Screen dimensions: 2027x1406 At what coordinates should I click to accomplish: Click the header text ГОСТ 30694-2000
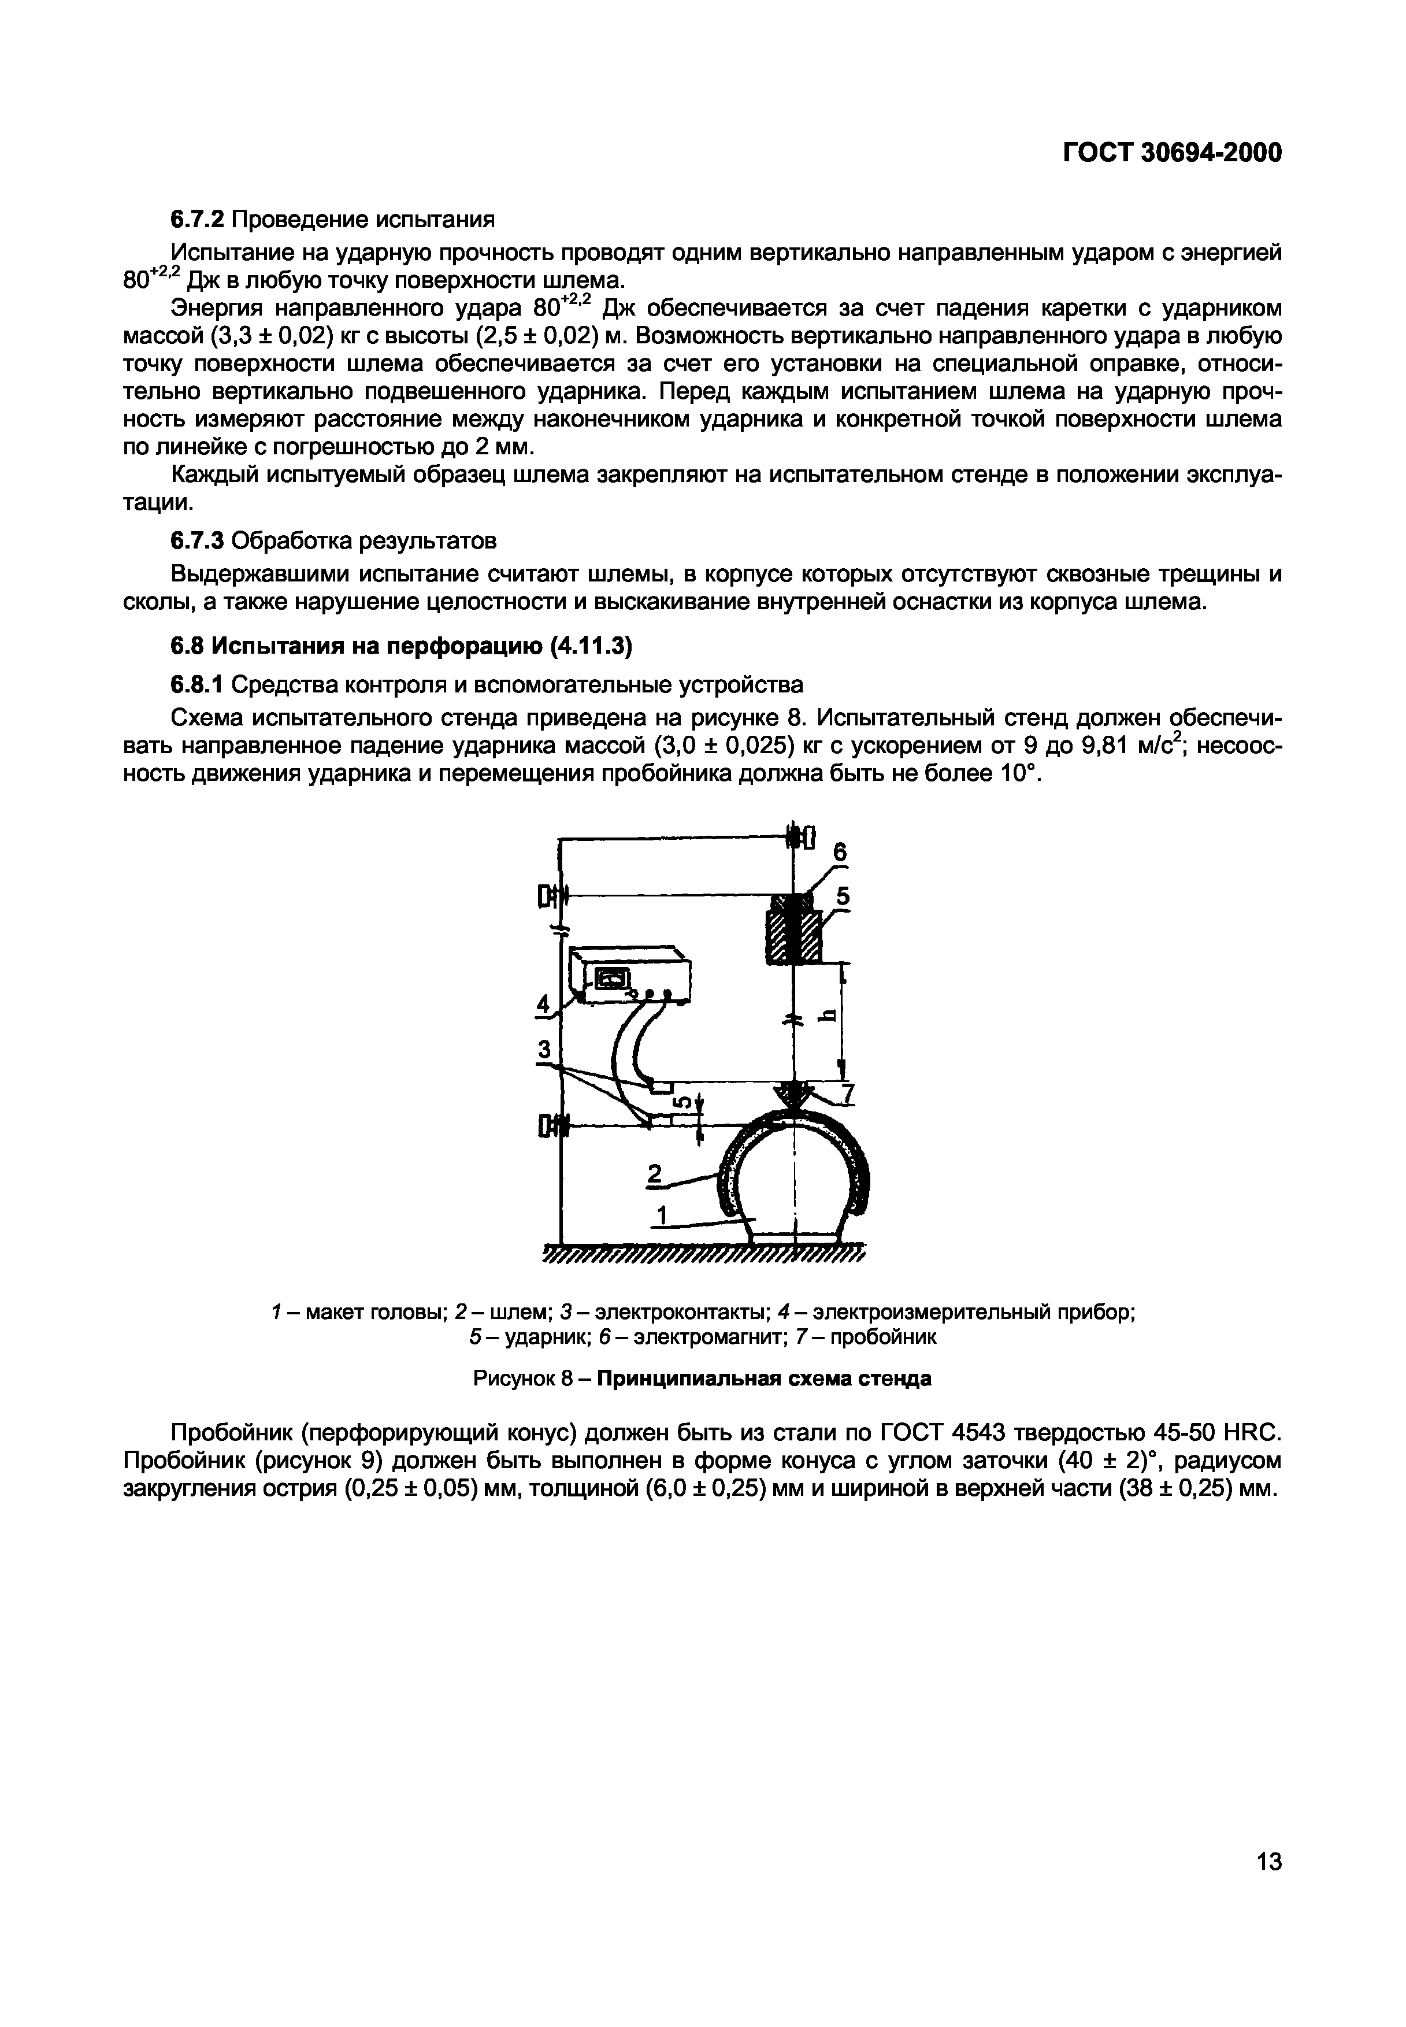(x=1173, y=153)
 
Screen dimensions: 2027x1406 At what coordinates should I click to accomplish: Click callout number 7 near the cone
(x=848, y=1093)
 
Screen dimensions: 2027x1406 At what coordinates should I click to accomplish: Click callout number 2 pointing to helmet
(x=654, y=1174)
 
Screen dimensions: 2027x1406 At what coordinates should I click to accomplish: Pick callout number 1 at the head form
(x=662, y=1215)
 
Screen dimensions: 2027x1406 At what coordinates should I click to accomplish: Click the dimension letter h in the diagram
(x=827, y=1016)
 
